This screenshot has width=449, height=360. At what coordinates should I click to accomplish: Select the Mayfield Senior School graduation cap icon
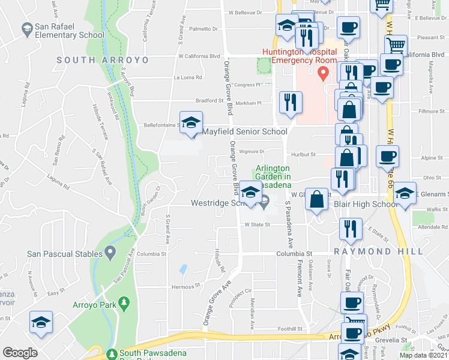tap(191, 124)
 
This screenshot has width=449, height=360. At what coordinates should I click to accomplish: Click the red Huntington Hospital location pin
tap(324, 74)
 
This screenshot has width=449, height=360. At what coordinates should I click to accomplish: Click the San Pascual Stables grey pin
tap(110, 253)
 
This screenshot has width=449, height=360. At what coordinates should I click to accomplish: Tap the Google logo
tap(20, 353)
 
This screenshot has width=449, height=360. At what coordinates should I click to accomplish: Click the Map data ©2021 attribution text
tap(423, 355)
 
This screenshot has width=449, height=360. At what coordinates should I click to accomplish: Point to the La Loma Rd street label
tap(188, 77)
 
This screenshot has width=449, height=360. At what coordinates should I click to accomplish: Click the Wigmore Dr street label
tap(252, 152)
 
